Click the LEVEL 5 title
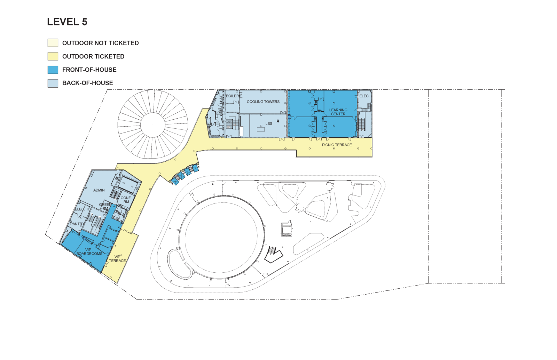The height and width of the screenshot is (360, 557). pyautogui.click(x=67, y=22)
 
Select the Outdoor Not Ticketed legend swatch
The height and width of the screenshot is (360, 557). pyautogui.click(x=53, y=43)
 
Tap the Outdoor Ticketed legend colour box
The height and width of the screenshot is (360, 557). pyautogui.click(x=53, y=56)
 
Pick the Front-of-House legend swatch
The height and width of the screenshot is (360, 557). pyautogui.click(x=53, y=70)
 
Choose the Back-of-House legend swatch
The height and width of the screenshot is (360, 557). pyautogui.click(x=53, y=83)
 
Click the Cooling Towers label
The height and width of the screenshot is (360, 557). pyautogui.click(x=263, y=102)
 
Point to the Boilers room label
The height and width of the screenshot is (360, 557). pyautogui.click(x=234, y=96)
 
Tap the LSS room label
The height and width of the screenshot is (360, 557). pyautogui.click(x=269, y=123)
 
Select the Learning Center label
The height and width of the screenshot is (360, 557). pyautogui.click(x=338, y=112)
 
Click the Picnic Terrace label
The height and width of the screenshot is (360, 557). pyautogui.click(x=337, y=145)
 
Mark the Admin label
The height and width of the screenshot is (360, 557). pyautogui.click(x=99, y=190)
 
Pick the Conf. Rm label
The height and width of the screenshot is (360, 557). pyautogui.click(x=126, y=200)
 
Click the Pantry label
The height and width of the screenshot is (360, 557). pyautogui.click(x=77, y=224)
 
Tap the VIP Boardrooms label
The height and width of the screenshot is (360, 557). pyautogui.click(x=89, y=252)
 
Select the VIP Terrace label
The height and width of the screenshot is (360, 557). pyautogui.click(x=117, y=259)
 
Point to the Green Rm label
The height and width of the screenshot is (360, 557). pyautogui.click(x=105, y=207)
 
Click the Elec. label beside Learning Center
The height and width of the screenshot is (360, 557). pyautogui.click(x=364, y=96)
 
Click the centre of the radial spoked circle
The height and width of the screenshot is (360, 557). pyautogui.click(x=153, y=125)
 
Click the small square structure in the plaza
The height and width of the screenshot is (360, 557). pyautogui.click(x=287, y=229)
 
